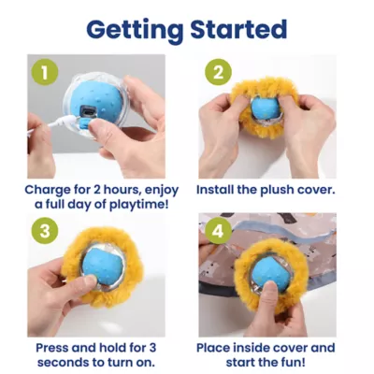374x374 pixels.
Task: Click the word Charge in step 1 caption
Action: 48,189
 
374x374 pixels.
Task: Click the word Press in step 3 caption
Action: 53,346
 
